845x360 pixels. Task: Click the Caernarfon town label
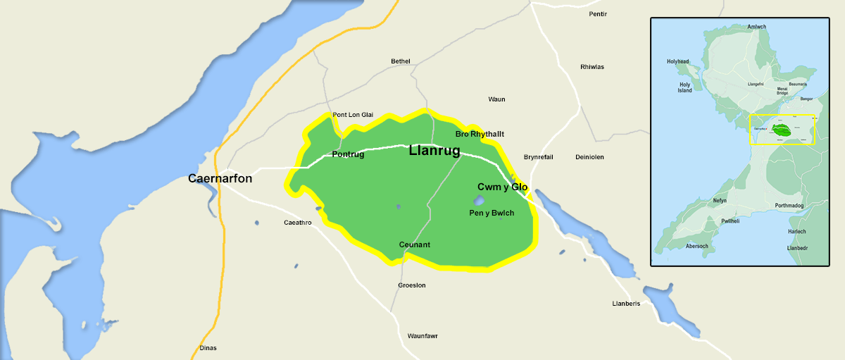(x=220, y=179)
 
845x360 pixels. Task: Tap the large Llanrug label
(x=434, y=151)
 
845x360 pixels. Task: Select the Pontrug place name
(x=348, y=154)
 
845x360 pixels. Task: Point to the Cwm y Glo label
(x=502, y=187)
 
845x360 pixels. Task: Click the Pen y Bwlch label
(x=492, y=213)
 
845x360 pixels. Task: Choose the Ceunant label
(x=414, y=244)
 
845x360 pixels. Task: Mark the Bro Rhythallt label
(x=480, y=134)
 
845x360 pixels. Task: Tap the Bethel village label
(x=400, y=61)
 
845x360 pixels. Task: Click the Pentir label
(x=598, y=14)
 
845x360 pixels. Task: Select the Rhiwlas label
(x=591, y=67)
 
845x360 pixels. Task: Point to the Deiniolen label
(x=589, y=157)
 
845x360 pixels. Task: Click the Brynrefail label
(x=539, y=157)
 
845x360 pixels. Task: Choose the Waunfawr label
(x=423, y=336)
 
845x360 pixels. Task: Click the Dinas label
(x=208, y=348)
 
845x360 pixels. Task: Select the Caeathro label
(x=297, y=223)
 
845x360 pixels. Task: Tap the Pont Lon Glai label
(x=353, y=115)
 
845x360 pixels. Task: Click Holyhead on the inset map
(x=679, y=62)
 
